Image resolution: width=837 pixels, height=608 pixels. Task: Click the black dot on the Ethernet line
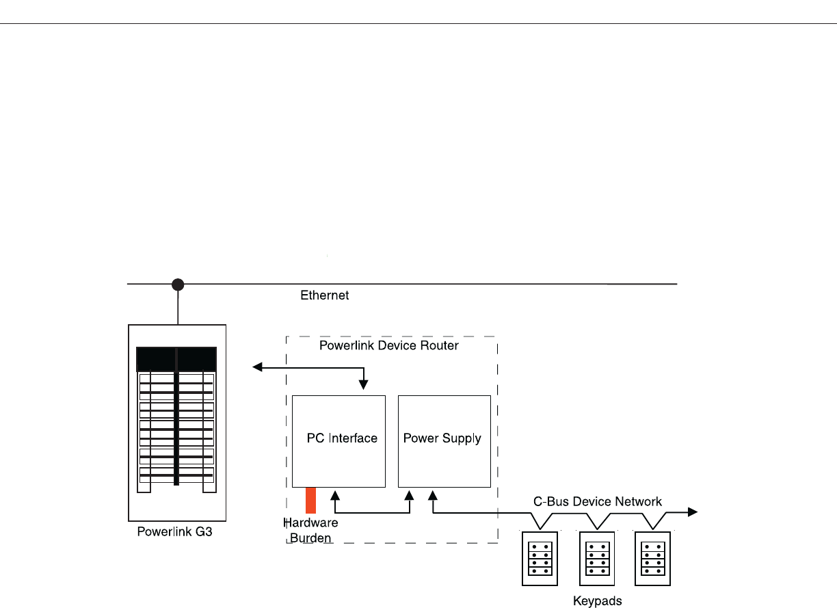point(178,285)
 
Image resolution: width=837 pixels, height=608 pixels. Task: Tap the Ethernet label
point(324,295)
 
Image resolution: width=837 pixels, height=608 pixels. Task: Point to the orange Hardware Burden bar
point(310,501)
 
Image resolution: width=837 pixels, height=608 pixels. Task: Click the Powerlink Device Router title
point(388,345)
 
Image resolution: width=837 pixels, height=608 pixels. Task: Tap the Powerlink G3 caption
point(174,531)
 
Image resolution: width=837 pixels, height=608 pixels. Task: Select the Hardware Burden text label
point(310,530)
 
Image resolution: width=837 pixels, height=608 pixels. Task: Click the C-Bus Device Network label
point(597,501)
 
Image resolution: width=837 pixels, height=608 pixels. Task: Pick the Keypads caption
point(597,601)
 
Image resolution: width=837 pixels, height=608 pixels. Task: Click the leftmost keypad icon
point(540,559)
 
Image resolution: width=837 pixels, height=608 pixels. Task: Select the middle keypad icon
point(597,559)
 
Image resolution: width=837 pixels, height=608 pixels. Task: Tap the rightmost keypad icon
point(653,559)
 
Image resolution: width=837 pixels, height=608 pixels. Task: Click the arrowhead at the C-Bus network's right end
point(693,512)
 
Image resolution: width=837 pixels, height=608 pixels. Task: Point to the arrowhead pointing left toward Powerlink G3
point(257,367)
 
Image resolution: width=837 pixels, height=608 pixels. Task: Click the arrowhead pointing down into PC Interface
point(364,384)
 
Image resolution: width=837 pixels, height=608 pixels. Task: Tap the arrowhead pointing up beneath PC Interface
point(335,496)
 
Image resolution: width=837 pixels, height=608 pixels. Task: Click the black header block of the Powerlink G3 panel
point(176,359)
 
